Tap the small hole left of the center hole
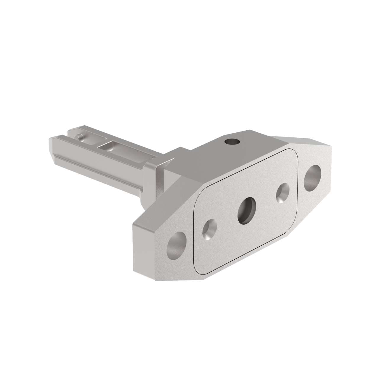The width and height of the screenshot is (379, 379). coord(209,229)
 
